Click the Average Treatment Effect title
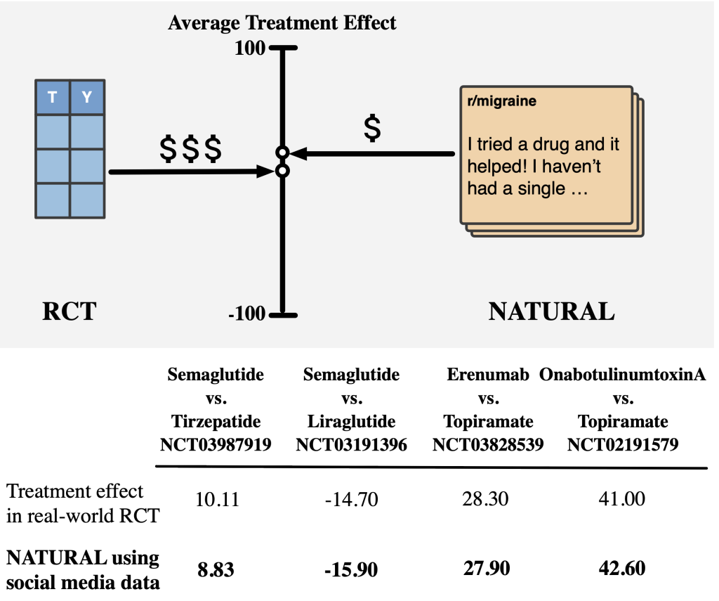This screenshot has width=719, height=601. [282, 23]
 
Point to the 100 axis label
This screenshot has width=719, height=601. [250, 48]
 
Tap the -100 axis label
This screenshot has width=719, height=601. [246, 314]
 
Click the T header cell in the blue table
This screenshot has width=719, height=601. [52, 97]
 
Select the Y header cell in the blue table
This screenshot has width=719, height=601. [87, 97]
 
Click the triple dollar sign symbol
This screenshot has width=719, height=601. [191, 149]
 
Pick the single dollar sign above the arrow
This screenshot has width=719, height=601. [372, 128]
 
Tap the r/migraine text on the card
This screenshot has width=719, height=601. [501, 101]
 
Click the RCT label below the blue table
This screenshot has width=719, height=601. [70, 311]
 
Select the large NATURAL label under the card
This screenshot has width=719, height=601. [552, 311]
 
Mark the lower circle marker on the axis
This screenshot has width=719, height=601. [283, 172]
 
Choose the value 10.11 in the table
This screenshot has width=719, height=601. [218, 500]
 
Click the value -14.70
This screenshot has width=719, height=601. [351, 500]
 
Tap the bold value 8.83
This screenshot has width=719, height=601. [216, 570]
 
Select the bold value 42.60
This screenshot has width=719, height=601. [622, 569]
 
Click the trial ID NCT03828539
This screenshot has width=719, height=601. [488, 444]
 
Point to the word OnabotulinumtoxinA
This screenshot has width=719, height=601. [622, 375]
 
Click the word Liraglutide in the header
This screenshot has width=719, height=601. [351, 422]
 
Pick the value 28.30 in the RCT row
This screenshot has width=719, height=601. [485, 499]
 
